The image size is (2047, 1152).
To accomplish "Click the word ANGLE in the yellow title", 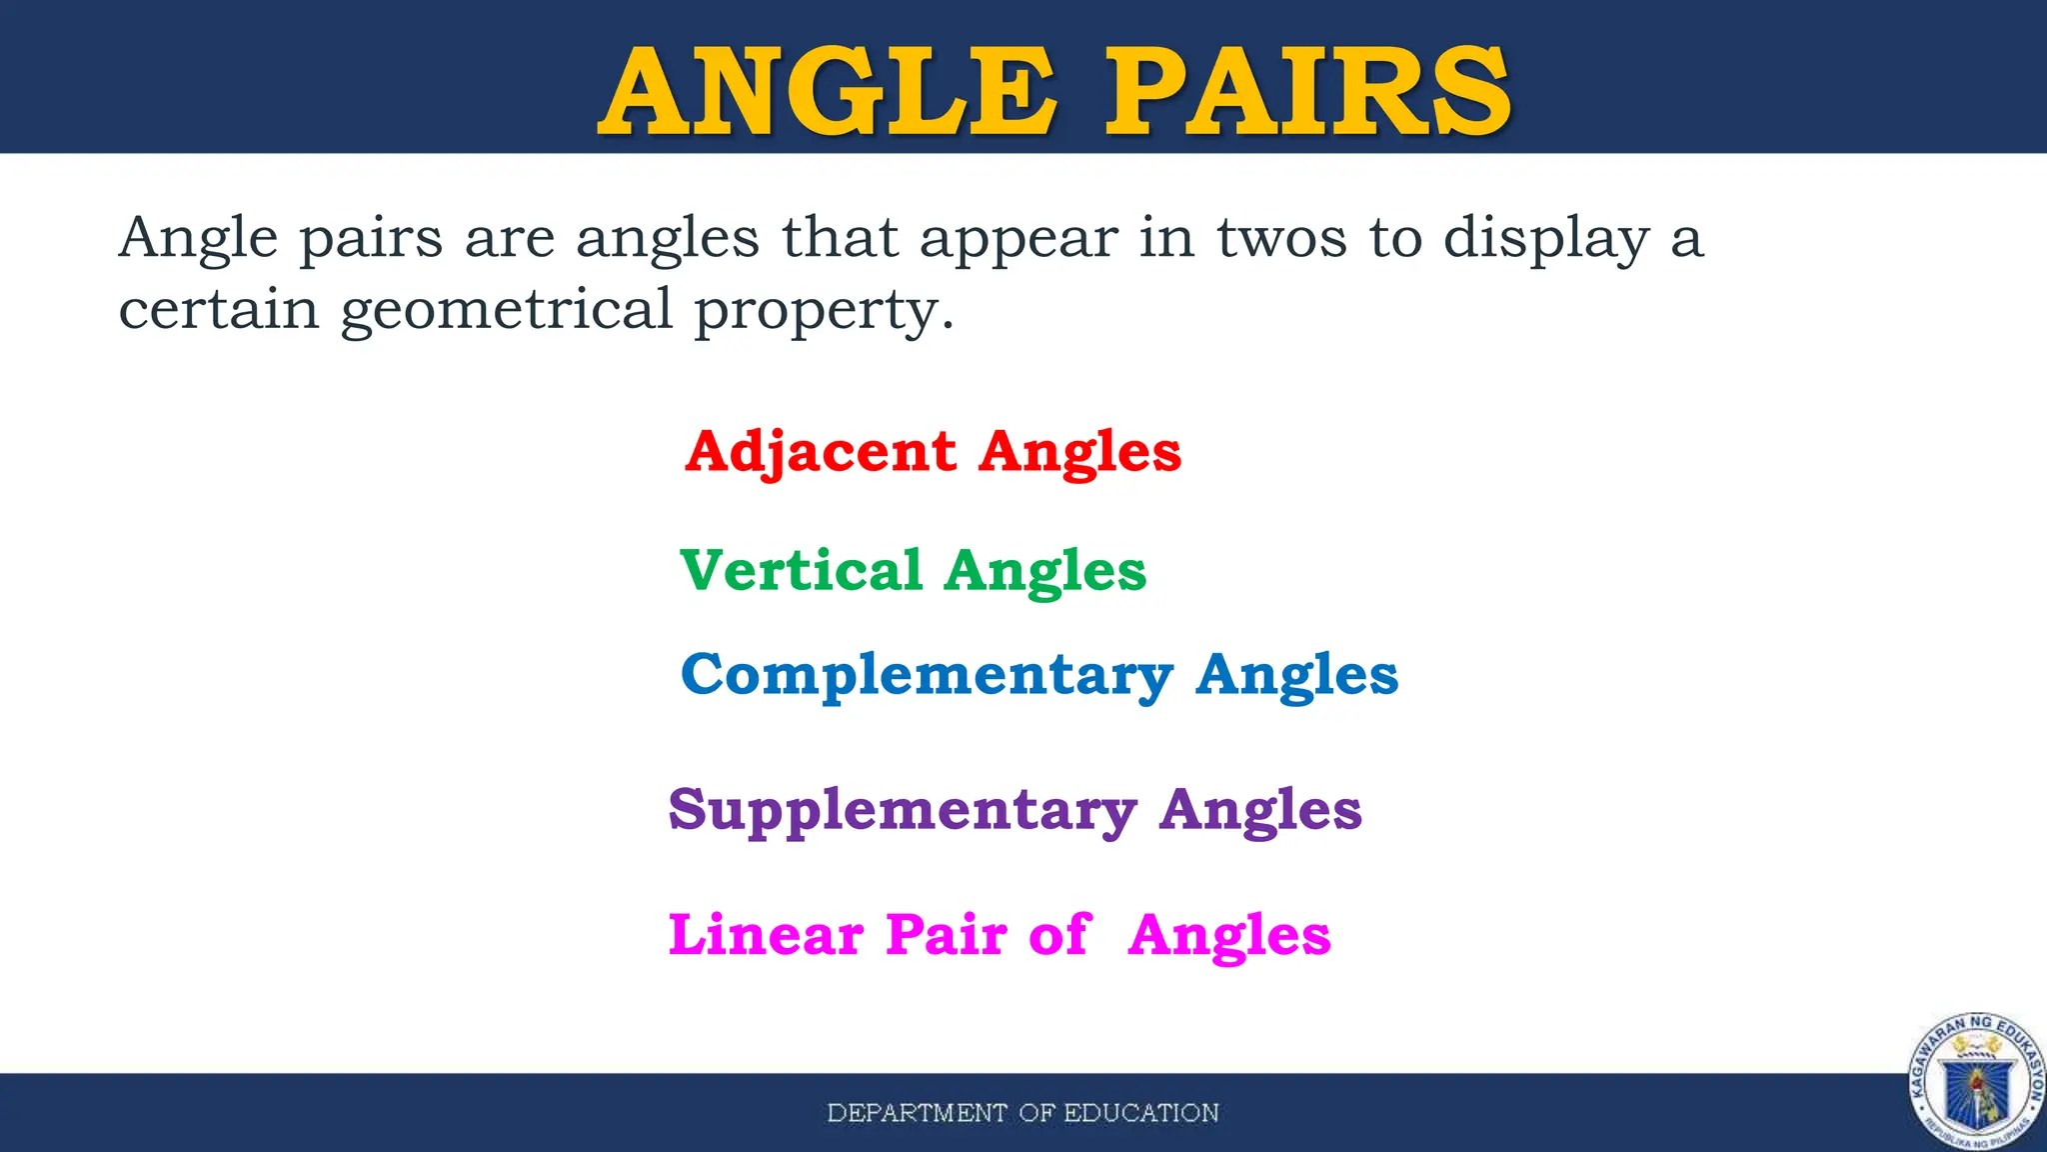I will [x=828, y=92].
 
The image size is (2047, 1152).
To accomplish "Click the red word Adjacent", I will [x=821, y=452].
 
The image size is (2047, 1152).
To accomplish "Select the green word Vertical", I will [x=801, y=571].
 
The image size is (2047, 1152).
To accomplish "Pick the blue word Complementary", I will [x=927, y=675].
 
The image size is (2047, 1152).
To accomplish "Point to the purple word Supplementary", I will [x=903, y=810].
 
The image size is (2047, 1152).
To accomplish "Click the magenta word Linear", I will [x=766, y=936].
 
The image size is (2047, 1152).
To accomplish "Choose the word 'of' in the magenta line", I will [x=1058, y=936].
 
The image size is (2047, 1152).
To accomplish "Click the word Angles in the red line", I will [x=1080, y=452].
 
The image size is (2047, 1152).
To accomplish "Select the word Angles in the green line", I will [x=1045, y=571].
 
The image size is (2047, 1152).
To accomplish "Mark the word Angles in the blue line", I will [x=1297, y=675].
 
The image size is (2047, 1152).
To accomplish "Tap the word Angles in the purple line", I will [x=1260, y=810].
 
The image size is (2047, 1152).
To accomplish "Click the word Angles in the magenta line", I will [x=1229, y=936].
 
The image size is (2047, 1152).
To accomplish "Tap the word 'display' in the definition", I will [x=1546, y=240].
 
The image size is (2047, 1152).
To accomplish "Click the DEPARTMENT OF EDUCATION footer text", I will [x=1023, y=1113].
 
